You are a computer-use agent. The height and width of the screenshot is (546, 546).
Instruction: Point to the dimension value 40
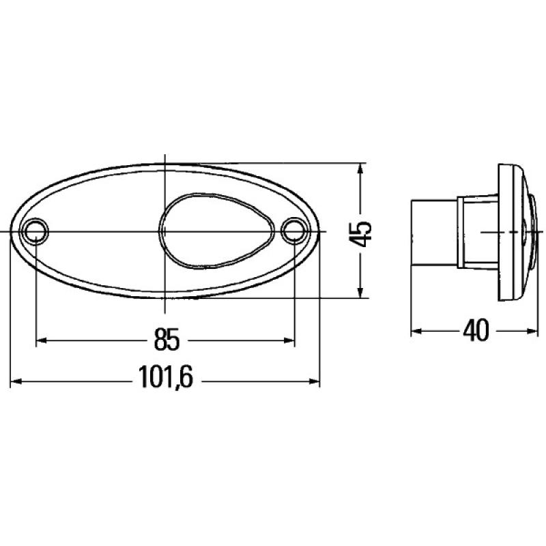[x=475, y=332]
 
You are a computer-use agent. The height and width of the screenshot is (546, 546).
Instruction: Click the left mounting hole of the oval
[x=35, y=231]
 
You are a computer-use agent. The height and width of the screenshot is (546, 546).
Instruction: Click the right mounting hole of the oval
[x=293, y=231]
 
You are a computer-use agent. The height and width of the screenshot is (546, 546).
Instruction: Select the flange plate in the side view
[x=508, y=232]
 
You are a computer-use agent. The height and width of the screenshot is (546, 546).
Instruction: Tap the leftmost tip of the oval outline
[x=11, y=232]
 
